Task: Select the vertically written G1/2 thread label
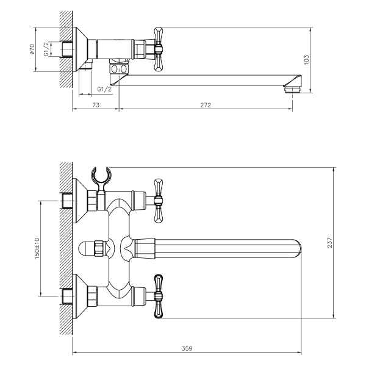(48, 49)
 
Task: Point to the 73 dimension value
(96, 106)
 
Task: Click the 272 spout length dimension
(206, 106)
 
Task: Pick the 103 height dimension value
(307, 59)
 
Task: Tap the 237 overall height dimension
(329, 242)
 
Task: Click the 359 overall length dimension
(187, 348)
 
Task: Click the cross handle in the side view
(159, 48)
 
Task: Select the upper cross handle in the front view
(159, 199)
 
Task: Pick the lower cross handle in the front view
(159, 295)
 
